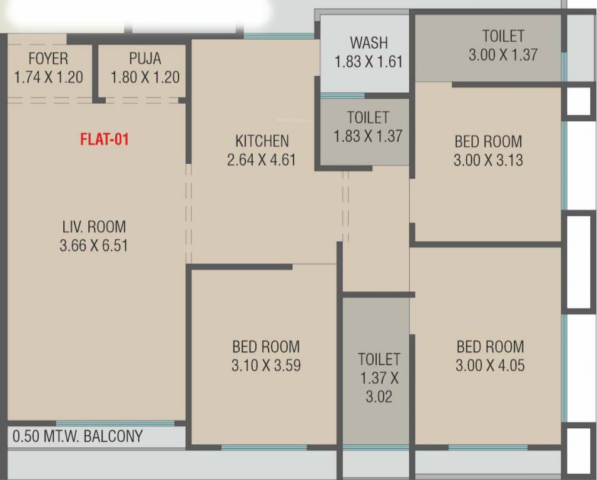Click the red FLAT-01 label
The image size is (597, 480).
[x=105, y=139]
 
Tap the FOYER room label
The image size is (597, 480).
[x=48, y=59]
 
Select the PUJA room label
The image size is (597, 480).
[x=145, y=59]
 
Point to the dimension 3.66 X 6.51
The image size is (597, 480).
[x=94, y=246]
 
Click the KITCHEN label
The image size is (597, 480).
[x=262, y=141]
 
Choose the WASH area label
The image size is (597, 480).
[x=369, y=43]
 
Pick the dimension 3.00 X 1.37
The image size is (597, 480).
[x=503, y=55]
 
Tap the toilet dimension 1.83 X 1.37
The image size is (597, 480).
[x=368, y=136]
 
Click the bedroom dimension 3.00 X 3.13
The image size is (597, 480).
[x=488, y=161]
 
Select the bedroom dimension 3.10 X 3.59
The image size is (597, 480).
[x=266, y=366]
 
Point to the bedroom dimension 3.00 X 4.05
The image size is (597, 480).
[x=490, y=366]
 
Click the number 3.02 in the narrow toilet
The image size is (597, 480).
[x=379, y=396]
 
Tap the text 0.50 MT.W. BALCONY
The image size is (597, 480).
[x=78, y=436]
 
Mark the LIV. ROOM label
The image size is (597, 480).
[x=93, y=226]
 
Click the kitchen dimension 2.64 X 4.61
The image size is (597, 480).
[x=262, y=160]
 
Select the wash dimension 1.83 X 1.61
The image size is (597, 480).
[x=369, y=62]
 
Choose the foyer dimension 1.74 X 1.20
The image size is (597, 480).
[x=48, y=77]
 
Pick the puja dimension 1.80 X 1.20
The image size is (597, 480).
[x=145, y=77]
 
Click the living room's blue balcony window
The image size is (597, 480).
[x=115, y=424]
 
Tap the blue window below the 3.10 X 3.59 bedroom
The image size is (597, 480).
[x=263, y=447]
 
